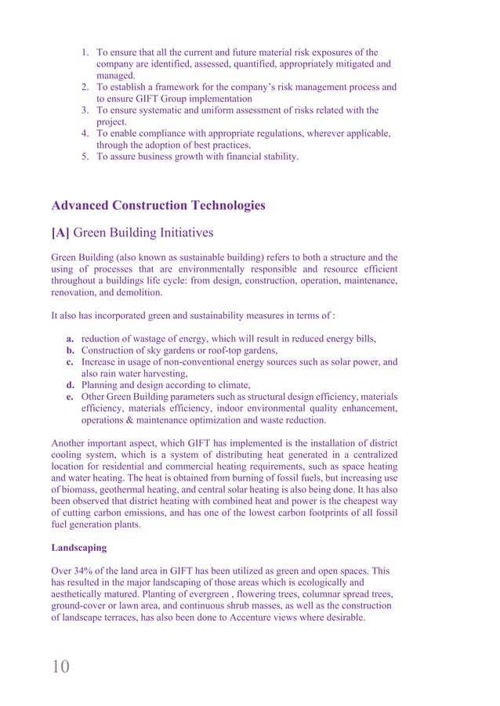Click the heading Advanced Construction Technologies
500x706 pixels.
(x=158, y=206)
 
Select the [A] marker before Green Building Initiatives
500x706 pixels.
(x=64, y=232)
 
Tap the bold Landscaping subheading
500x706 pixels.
(x=80, y=554)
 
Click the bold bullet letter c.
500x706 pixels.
(x=70, y=362)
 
